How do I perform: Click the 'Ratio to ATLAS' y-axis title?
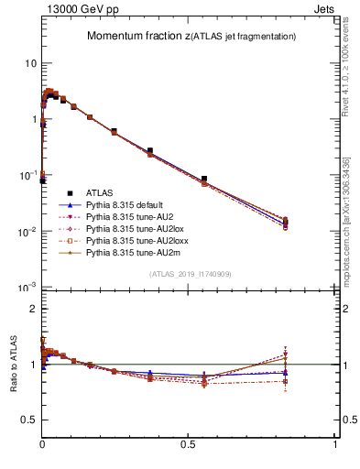[x=14, y=365]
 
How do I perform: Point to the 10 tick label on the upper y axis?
[x=30, y=63]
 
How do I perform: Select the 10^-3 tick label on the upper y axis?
[x=28, y=288]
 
